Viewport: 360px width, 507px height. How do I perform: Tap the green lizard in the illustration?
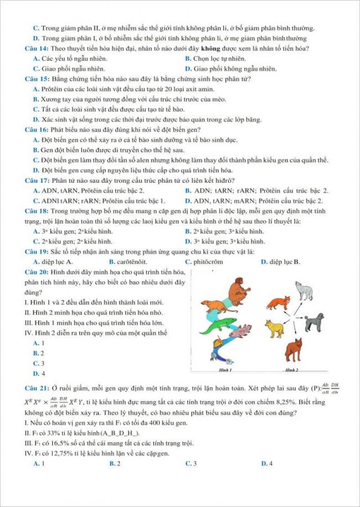[x=218, y=325]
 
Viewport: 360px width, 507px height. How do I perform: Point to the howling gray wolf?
[x=304, y=289]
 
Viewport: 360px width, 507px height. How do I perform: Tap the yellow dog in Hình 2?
[x=274, y=329]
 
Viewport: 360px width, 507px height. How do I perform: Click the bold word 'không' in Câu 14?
[x=165, y=49]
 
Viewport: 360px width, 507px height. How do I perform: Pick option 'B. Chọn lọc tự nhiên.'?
[x=215, y=59]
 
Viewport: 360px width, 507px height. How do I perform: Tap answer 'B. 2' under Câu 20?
[x=39, y=353]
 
